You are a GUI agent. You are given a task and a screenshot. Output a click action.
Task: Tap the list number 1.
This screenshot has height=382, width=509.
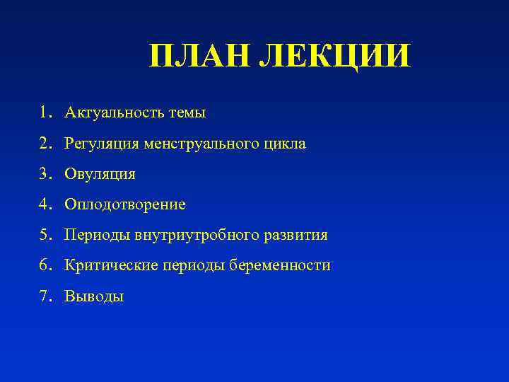pos(45,112)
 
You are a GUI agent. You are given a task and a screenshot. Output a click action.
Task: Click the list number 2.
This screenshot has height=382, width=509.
pos(45,144)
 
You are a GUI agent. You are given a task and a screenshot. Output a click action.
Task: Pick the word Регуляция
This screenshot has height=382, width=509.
pos(102,144)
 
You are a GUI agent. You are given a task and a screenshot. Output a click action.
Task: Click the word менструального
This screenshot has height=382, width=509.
pos(198,144)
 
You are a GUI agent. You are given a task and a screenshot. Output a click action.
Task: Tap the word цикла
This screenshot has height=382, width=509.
pos(282,144)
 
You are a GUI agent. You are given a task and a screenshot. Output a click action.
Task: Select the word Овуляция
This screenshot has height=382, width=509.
pos(100,174)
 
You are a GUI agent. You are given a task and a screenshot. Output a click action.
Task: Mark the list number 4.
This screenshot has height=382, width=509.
pos(45,204)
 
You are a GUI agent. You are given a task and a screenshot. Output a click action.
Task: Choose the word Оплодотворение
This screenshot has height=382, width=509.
pos(125,204)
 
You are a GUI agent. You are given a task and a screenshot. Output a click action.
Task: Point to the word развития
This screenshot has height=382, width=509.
pos(297,235)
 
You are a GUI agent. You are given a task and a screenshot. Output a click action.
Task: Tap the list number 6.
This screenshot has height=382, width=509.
pos(45,265)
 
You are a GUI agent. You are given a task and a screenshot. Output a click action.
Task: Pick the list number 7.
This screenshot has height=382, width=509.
pos(45,296)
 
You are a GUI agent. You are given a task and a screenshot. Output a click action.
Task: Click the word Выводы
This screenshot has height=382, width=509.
pos(94,296)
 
